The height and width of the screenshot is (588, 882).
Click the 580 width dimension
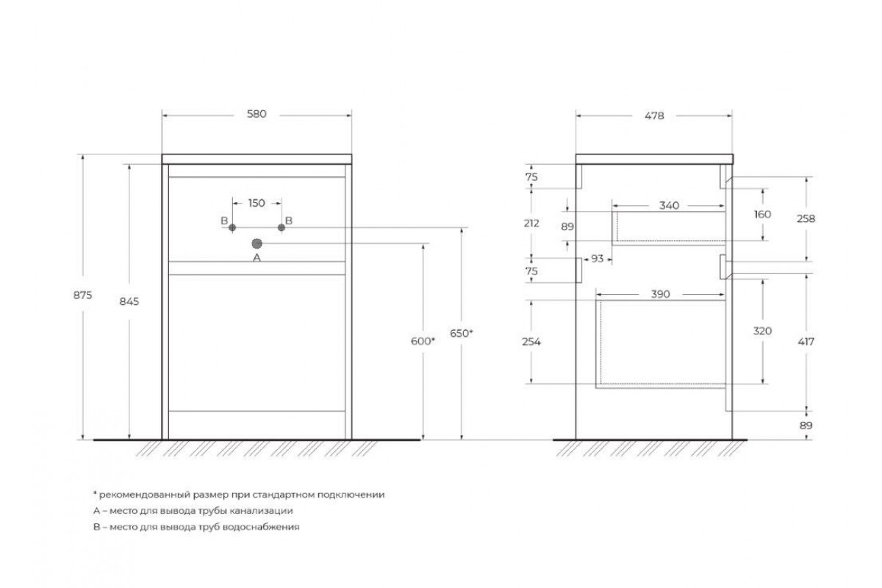coord(257,114)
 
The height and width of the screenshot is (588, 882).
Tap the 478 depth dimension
coord(654,116)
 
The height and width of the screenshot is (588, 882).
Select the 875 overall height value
coord(82,295)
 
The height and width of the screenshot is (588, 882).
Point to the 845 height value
coord(129,301)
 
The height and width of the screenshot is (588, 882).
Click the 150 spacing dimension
coord(257,203)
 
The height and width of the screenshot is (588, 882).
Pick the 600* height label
coord(423,341)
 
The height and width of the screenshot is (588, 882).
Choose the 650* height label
coord(462,334)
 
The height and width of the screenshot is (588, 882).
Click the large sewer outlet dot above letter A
coord(257,244)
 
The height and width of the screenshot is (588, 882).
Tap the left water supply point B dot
coord(232,228)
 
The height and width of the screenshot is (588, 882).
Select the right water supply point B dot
coord(281,228)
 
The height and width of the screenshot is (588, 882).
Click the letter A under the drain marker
coord(257,258)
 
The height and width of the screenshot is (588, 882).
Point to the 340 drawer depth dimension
coord(670,206)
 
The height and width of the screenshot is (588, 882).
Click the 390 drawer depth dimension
coord(661,295)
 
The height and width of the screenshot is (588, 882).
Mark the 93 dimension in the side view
coord(598,259)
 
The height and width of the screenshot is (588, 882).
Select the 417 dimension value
coord(806,342)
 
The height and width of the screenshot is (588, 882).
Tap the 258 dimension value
coord(806,219)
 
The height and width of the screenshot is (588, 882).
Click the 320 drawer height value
coord(762,331)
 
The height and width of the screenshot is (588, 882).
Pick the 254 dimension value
coord(531,342)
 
